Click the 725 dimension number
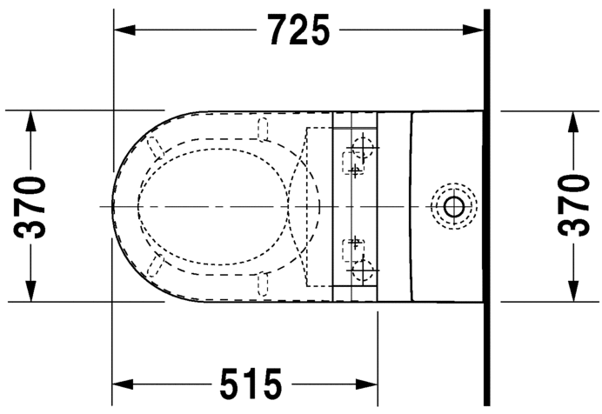[x=298, y=30]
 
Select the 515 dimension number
[x=251, y=384]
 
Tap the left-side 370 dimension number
[x=32, y=206]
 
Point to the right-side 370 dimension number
[x=573, y=206]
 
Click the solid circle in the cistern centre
[x=452, y=206]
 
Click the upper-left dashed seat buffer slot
[x=157, y=147]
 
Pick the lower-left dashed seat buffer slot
[x=157, y=266]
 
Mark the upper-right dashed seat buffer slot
[x=264, y=128]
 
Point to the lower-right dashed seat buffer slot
[x=264, y=284]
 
